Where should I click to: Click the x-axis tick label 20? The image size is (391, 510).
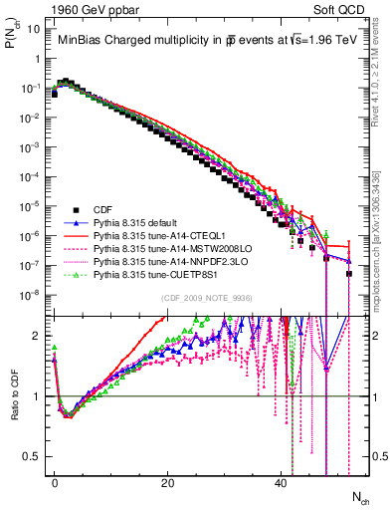pos(169,481)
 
